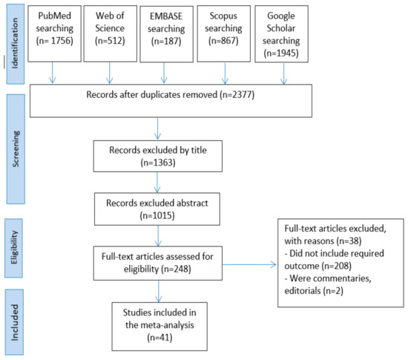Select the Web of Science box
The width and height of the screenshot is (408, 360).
pos(111,34)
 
